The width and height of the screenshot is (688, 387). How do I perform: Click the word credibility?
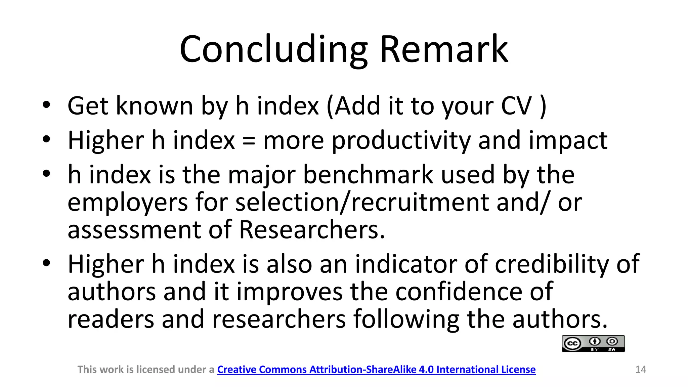[x=552, y=264]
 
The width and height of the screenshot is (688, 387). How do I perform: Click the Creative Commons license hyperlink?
[x=376, y=370]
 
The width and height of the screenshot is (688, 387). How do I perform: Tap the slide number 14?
[x=641, y=370]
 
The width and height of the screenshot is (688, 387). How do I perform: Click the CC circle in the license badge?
[x=572, y=344]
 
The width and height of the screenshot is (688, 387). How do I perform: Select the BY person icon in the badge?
[x=595, y=342]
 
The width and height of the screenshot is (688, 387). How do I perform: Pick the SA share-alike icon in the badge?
[x=612, y=342]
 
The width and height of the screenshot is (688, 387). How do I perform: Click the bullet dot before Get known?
[x=46, y=105]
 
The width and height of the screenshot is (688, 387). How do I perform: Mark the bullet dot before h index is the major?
[x=46, y=174]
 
